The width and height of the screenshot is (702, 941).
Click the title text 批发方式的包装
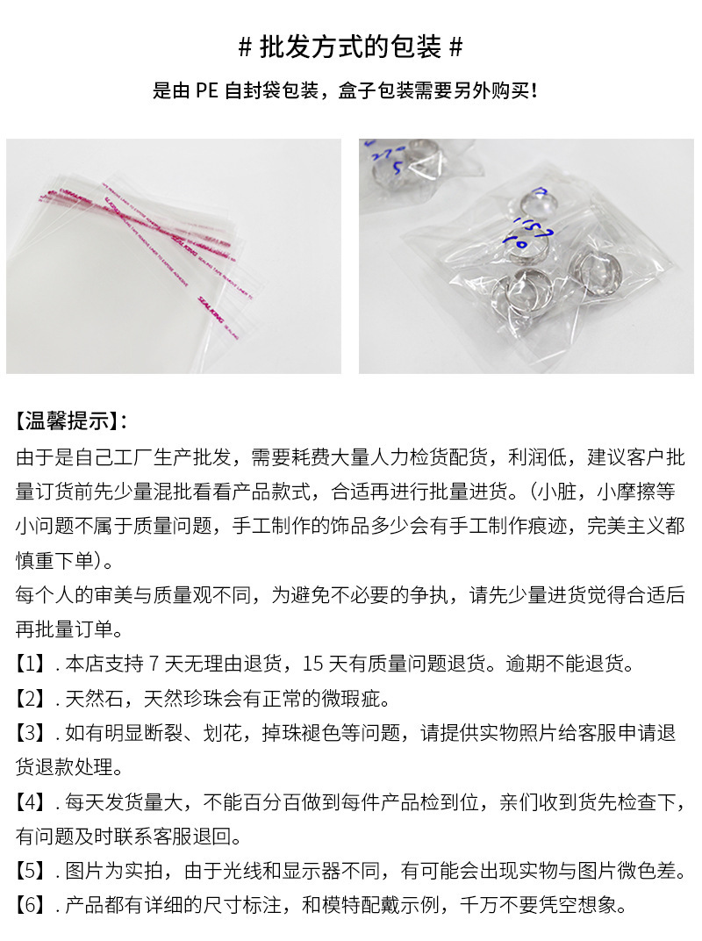pos(350,47)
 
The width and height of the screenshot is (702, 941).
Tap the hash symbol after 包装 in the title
pos(455,47)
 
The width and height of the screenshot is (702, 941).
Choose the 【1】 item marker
pos(32,664)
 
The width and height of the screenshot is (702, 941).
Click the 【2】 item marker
pos(32,699)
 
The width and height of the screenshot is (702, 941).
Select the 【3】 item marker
pos(32,733)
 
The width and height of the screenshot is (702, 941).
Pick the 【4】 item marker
pos(32,801)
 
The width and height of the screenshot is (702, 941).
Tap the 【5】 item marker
pos(32,871)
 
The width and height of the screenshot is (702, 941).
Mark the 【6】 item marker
pos(32,905)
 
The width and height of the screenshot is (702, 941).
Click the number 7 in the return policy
pos(155,664)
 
